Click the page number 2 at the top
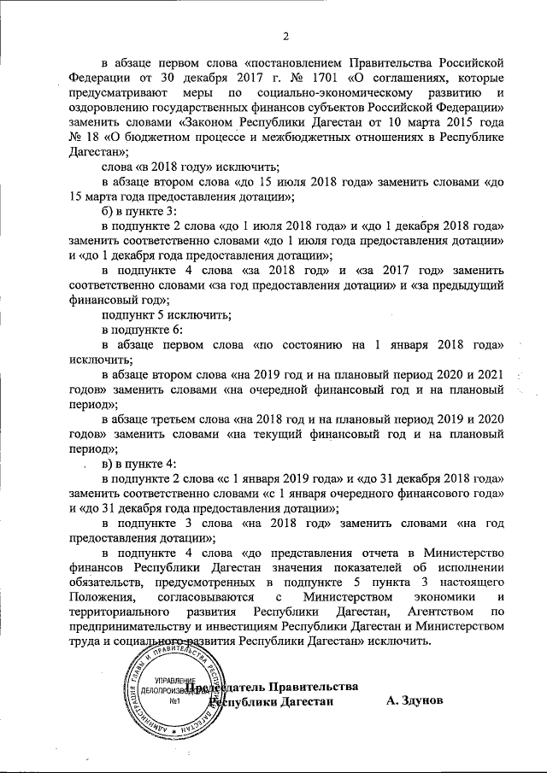285,35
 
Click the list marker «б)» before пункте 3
109,210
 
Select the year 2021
487,374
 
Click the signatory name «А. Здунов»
415,700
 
